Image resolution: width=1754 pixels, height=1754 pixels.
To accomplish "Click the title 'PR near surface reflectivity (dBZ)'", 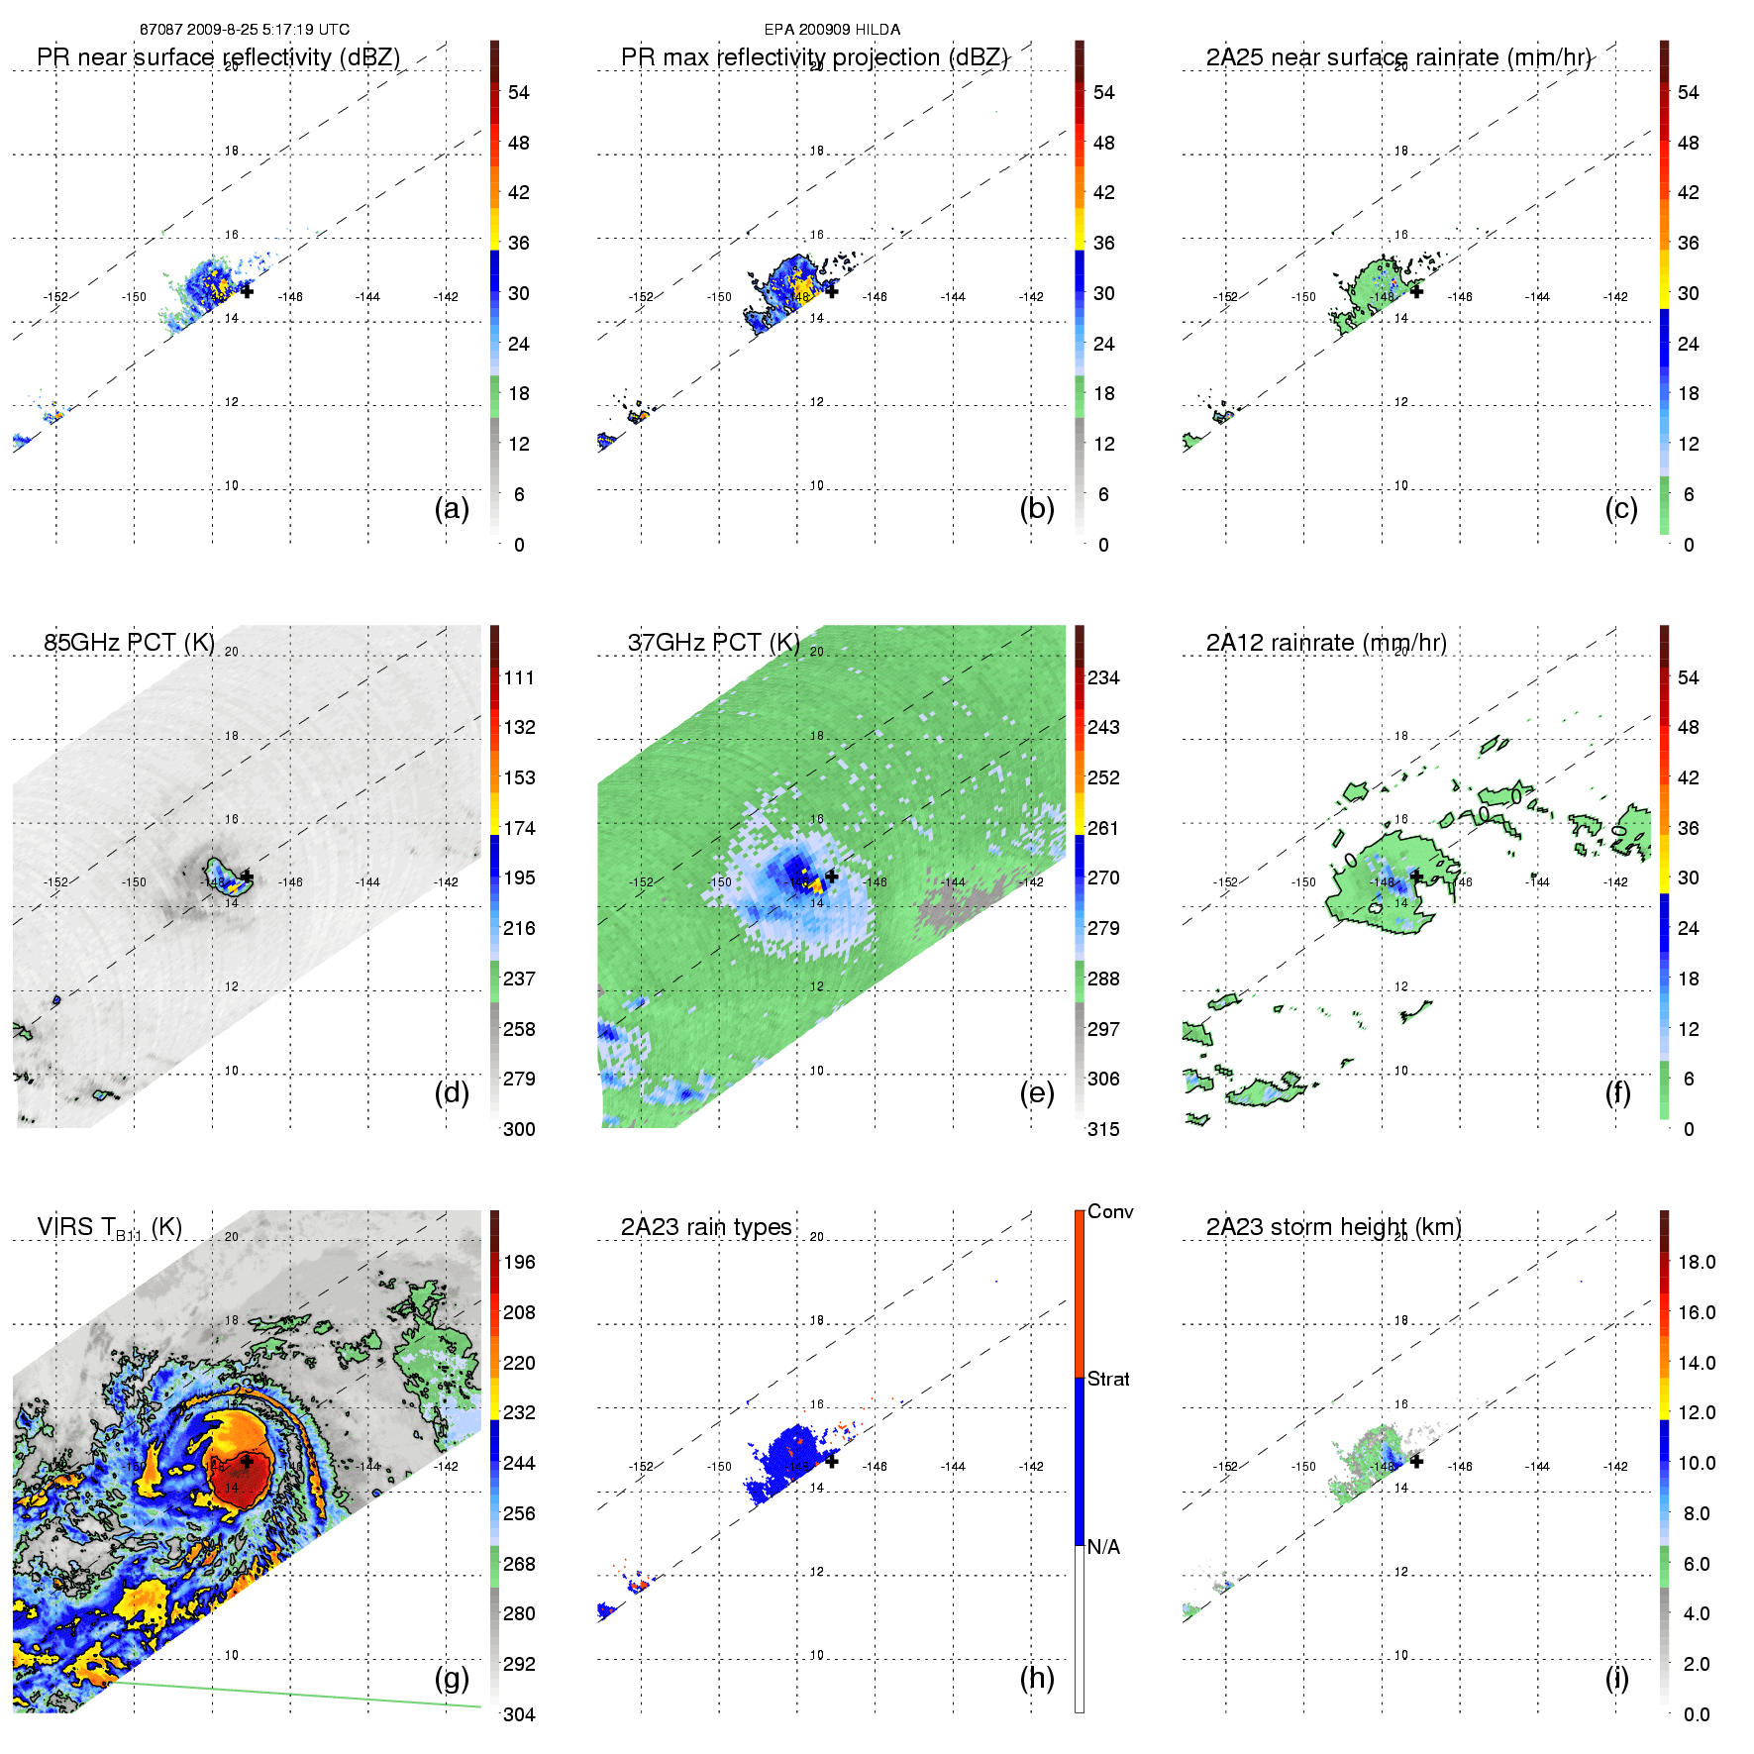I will coord(218,57).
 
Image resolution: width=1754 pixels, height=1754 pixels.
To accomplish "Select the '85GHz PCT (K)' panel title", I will coord(129,643).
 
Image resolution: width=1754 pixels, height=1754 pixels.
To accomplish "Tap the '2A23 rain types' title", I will coord(706,1227).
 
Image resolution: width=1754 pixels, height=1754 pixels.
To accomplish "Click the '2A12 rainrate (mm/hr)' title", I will coord(1326,643).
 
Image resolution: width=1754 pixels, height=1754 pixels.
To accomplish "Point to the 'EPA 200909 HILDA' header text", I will coord(832,30).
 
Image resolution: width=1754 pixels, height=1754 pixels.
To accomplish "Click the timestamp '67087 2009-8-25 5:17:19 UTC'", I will coord(245,30).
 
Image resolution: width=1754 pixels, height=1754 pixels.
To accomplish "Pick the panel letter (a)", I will coord(452,508).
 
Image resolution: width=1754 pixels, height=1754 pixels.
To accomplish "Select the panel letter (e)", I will coord(1037,1092).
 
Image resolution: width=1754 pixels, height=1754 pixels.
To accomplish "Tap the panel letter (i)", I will coord(1617,1678).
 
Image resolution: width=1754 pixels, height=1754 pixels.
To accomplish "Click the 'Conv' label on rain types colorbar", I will coord(1110,1212).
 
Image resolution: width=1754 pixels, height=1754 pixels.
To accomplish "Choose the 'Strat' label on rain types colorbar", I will coord(1108,1379).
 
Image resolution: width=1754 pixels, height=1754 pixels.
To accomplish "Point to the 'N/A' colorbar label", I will coord(1104,1547).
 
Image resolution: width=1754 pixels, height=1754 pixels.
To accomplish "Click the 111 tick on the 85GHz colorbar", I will coord(519,678).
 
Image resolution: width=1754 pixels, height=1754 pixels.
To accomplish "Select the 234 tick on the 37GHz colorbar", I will coord(1103,678).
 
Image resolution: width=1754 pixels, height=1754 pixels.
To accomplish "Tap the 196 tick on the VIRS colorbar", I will coord(519,1263).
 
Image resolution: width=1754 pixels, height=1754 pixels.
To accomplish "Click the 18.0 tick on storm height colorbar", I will coord(1697,1263).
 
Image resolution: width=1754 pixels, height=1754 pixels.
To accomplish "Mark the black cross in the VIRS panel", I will coord(247,1461).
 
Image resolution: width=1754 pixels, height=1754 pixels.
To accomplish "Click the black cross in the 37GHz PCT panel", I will coord(832,877).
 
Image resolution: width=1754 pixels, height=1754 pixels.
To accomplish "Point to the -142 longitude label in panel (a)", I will coord(446,297).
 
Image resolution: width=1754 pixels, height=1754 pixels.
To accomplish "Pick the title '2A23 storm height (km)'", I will coord(1333,1227).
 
